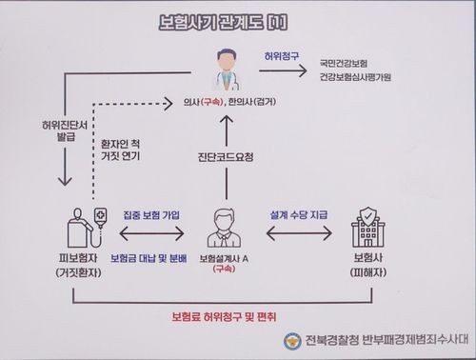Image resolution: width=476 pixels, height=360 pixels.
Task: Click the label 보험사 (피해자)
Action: [367, 266]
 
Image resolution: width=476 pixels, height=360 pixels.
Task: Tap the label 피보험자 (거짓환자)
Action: [73, 266]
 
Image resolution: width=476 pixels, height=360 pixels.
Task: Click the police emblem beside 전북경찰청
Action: [291, 342]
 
